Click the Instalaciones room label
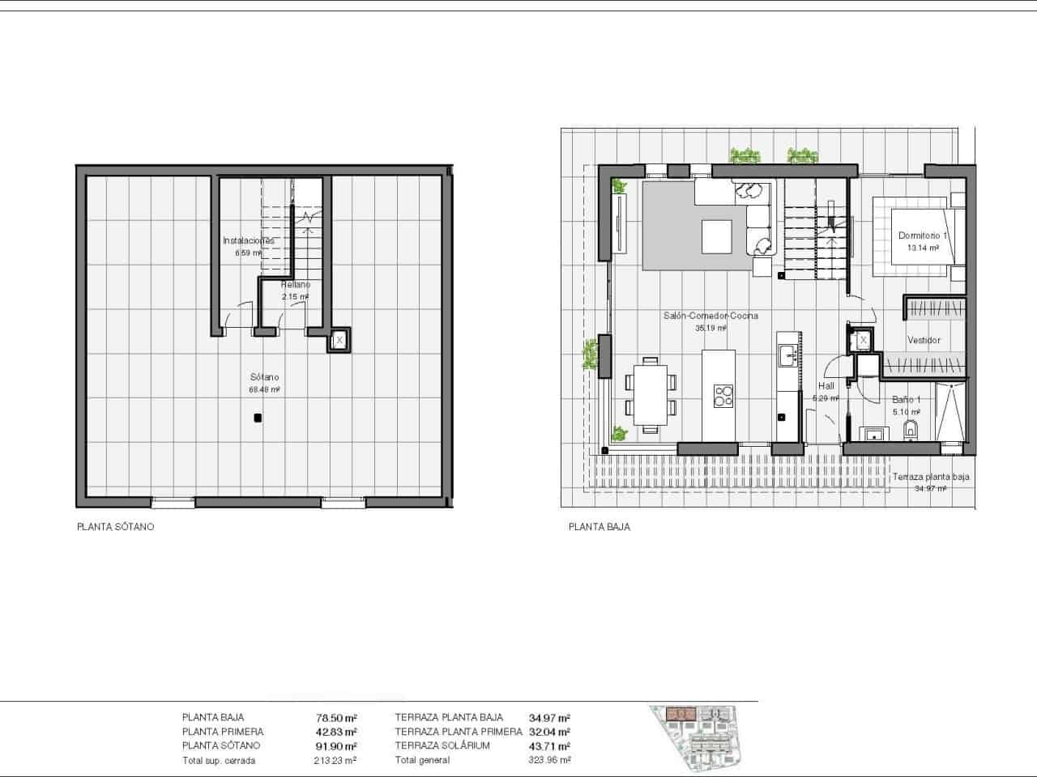[x=248, y=241]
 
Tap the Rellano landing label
[x=295, y=286]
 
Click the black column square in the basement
[x=257, y=418]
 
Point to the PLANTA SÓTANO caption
[x=115, y=527]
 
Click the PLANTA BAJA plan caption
[x=599, y=527]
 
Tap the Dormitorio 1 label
[x=922, y=236]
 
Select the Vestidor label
[x=924, y=341]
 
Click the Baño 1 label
[x=907, y=400]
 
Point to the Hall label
[x=826, y=387]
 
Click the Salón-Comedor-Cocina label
[x=711, y=316]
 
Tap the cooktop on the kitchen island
[x=723, y=396]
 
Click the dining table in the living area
[x=650, y=397]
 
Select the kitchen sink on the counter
[x=786, y=355]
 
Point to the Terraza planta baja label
[x=930, y=478]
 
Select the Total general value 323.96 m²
[x=549, y=761]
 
